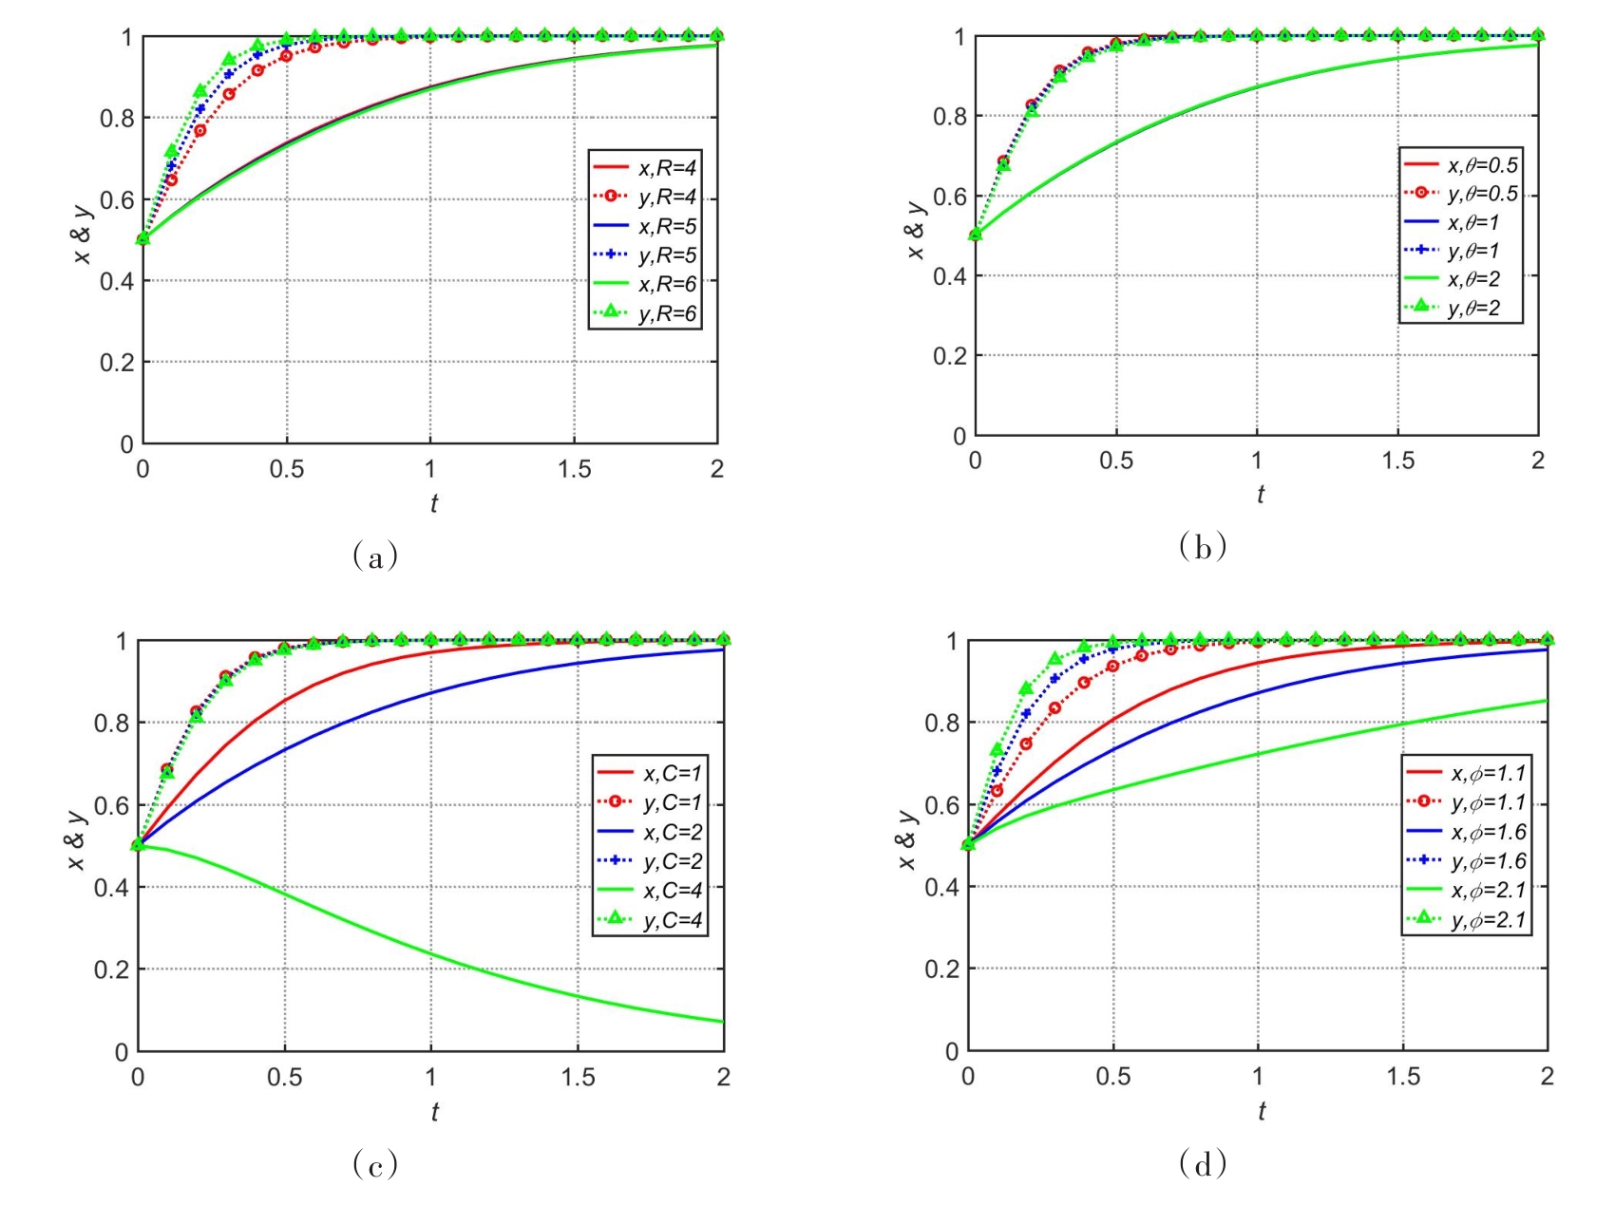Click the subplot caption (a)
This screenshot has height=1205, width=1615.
coord(375,555)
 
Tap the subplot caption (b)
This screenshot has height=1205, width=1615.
coord(1203,547)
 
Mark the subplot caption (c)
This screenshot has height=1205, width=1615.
coord(375,1163)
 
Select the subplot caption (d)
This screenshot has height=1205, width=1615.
coord(1203,1162)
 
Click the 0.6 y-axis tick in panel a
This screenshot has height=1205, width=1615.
coord(117,199)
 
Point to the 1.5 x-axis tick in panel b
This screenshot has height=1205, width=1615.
coord(1397,461)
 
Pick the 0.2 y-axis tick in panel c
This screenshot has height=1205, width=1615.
coord(111,970)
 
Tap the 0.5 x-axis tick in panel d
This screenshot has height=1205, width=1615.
coord(1112,1077)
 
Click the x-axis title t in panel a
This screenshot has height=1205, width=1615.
coord(433,503)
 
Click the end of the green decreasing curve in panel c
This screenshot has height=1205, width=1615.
coord(723,1022)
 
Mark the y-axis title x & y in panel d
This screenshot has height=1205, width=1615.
coord(907,839)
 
